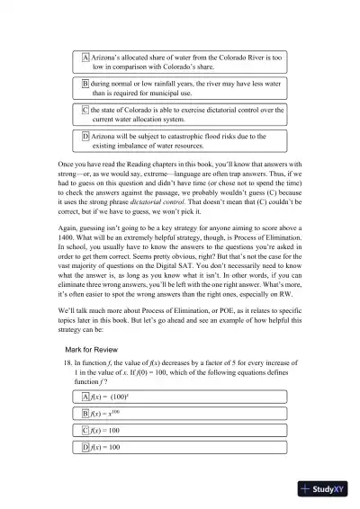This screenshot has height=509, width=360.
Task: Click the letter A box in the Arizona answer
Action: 85,57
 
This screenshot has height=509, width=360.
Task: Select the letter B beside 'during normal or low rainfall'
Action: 85,83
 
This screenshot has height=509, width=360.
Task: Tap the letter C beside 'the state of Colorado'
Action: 85,110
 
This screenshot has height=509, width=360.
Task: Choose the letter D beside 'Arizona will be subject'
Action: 85,136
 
